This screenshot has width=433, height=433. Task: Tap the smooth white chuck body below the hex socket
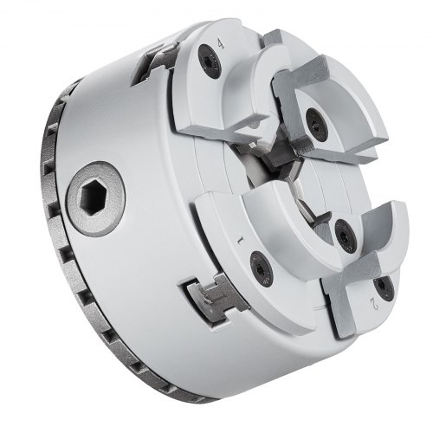click(x=130, y=277)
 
